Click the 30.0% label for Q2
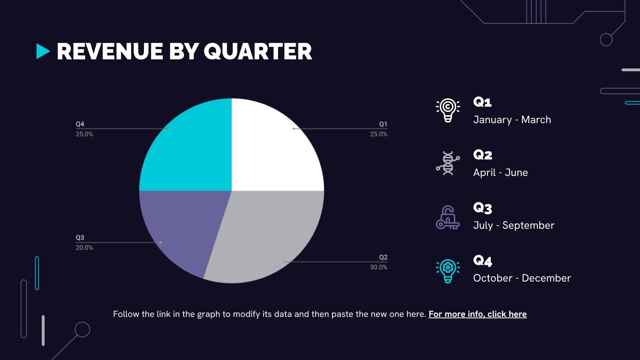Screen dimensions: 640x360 [378, 268]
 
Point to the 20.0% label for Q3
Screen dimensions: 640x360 [84, 248]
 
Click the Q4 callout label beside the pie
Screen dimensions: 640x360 [80, 124]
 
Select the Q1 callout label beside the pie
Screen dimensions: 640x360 [383, 124]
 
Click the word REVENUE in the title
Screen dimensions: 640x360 [110, 52]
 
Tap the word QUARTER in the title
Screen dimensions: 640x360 [258, 52]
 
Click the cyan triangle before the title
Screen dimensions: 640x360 [43, 52]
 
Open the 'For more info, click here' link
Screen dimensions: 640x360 [478, 314]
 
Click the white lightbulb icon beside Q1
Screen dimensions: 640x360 [448, 110]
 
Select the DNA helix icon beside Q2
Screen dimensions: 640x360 [448, 163]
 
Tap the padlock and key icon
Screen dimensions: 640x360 [448, 217]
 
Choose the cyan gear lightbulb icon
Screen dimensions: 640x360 [448, 271]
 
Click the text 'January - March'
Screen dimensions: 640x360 [512, 120]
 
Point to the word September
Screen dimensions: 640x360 [528, 226]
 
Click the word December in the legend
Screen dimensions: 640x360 [546, 278]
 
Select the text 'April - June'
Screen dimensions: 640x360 [500, 172]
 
